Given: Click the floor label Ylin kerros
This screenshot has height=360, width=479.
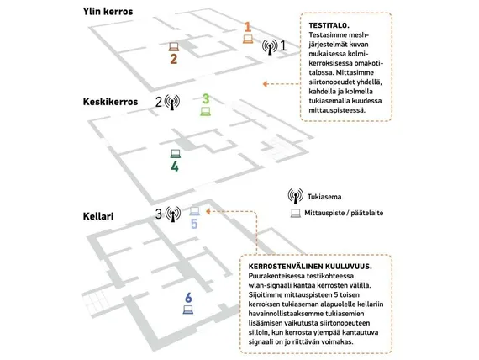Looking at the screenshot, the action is [108, 12].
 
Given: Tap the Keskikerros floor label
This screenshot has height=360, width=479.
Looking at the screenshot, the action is [110, 102].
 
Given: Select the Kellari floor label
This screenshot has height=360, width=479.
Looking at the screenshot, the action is [98, 216].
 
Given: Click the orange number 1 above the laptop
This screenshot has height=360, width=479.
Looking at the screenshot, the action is [248, 27].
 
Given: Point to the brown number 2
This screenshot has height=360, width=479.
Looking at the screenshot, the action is [173, 59].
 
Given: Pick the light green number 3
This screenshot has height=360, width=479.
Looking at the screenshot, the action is [206, 98].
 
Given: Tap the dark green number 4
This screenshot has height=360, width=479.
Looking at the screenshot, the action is [175, 167].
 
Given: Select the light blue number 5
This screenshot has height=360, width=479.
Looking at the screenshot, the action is [194, 224].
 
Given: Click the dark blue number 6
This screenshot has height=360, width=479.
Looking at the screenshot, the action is [188, 297].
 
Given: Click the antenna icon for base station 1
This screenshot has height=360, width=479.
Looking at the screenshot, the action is [270, 47].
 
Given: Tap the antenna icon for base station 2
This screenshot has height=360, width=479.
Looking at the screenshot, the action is [172, 102].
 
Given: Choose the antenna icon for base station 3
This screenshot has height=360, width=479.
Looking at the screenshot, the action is [173, 214].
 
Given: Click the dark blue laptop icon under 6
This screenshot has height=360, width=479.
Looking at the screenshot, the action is [188, 310].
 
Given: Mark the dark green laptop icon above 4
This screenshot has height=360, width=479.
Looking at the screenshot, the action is [176, 154].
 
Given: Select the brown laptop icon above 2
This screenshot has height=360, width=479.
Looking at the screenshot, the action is [174, 46].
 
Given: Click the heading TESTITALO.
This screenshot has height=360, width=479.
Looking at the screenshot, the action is [329, 25].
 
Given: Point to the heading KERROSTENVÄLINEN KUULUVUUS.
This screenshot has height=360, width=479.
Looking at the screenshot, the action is [310, 267].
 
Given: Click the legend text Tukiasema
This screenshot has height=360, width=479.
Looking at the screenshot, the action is [324, 197].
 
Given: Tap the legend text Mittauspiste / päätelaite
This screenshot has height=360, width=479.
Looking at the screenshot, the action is [344, 213].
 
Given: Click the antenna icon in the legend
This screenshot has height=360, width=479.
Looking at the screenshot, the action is [296, 196].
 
